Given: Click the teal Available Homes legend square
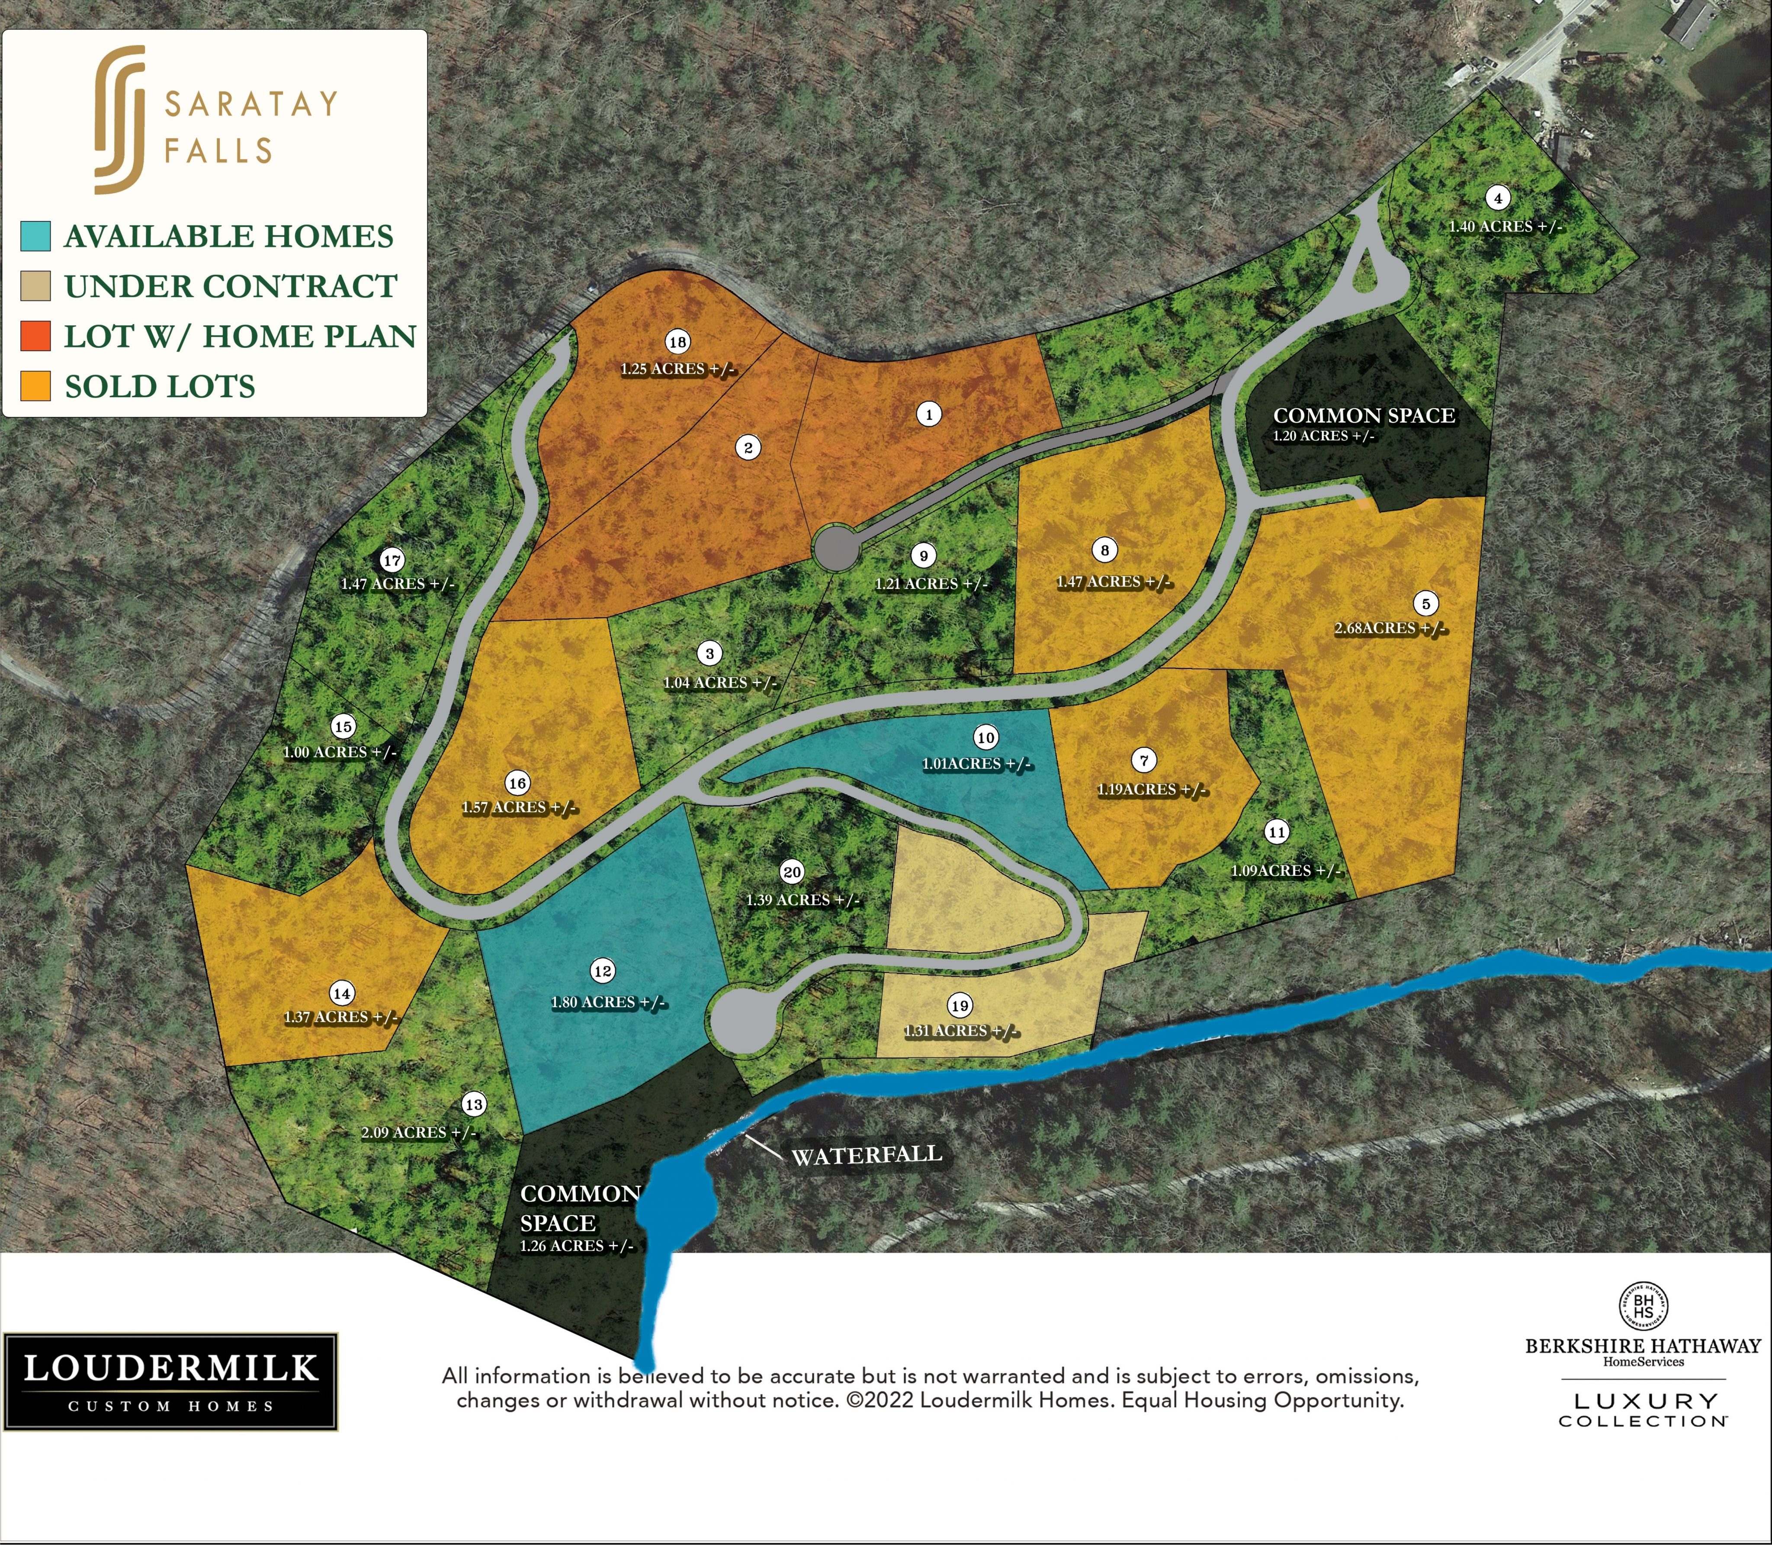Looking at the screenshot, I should point(35,235).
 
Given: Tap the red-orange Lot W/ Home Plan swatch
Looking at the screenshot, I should point(35,336).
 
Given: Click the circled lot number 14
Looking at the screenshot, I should point(342,993).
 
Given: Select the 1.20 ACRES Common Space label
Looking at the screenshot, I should point(1324,436).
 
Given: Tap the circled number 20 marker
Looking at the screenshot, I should point(791,872).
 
